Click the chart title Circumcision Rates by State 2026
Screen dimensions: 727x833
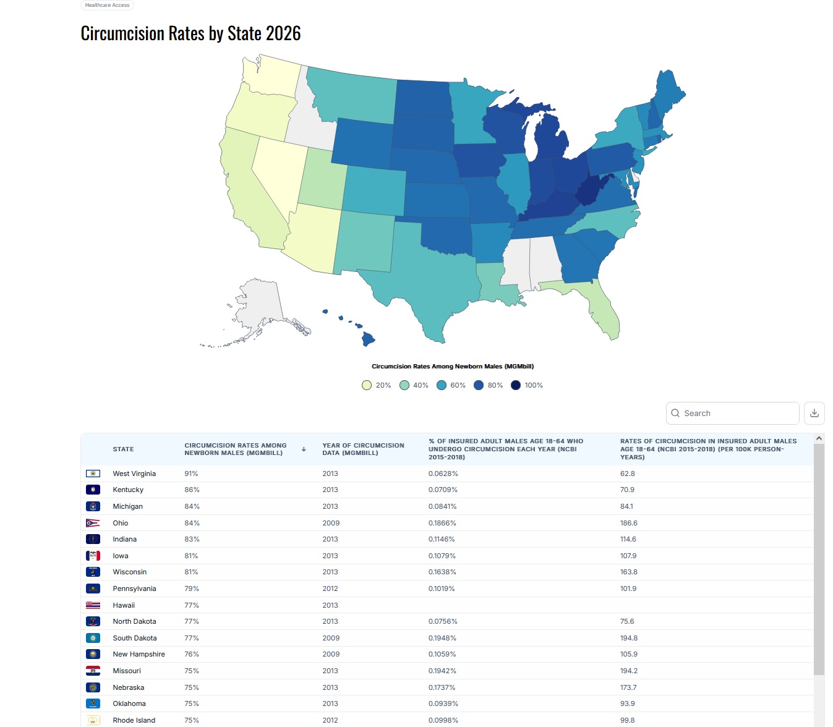(190, 33)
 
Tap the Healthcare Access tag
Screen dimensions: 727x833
(107, 5)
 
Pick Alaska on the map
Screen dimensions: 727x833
(260, 309)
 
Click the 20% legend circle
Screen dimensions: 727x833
(367, 385)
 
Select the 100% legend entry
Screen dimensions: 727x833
(527, 385)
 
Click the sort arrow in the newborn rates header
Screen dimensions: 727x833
(304, 449)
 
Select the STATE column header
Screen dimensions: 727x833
(123, 449)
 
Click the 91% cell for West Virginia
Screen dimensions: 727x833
(191, 474)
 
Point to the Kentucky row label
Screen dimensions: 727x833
(128, 490)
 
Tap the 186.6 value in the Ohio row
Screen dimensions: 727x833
(628, 523)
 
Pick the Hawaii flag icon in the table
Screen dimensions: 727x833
(93, 605)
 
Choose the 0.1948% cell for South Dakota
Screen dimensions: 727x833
(442, 638)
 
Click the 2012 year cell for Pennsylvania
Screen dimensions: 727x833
(330, 589)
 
